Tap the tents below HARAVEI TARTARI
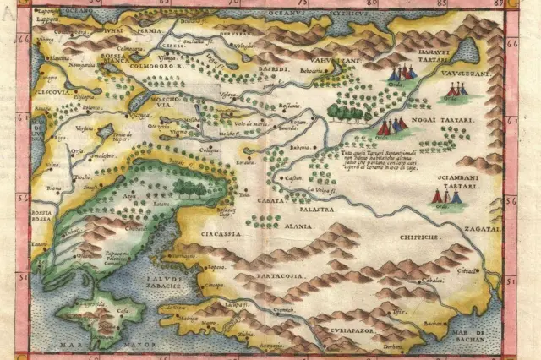[x=402, y=74]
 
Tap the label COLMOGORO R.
[x=161, y=64]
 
